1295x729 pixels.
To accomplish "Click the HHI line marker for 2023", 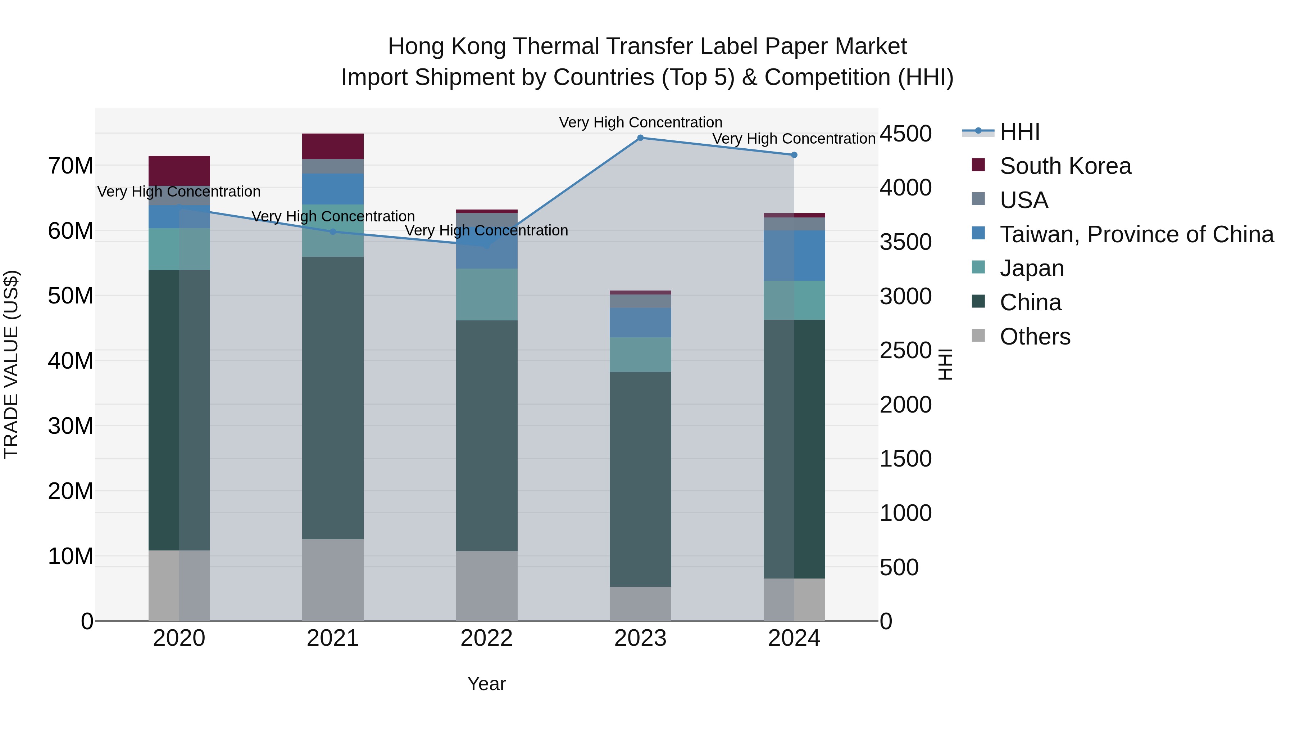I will click(x=640, y=138).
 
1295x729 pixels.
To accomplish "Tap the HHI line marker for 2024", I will click(x=794, y=155).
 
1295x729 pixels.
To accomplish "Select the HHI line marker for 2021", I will click(x=333, y=232).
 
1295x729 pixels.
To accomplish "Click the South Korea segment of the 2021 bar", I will click(x=333, y=147).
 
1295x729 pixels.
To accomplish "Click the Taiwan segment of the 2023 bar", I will click(x=640, y=323).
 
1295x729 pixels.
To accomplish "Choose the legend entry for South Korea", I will click(x=1065, y=166).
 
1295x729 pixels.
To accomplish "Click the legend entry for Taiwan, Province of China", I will click(x=1136, y=234).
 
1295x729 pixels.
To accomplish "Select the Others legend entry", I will click(x=1035, y=337).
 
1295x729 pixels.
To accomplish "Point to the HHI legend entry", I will click(x=1019, y=132).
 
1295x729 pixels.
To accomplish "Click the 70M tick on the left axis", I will click(x=71, y=166).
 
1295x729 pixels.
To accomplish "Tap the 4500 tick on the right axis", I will click(x=905, y=134).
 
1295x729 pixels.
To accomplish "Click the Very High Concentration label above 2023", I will click(x=640, y=122).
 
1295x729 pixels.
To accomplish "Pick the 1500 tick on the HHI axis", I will click(x=905, y=459).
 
